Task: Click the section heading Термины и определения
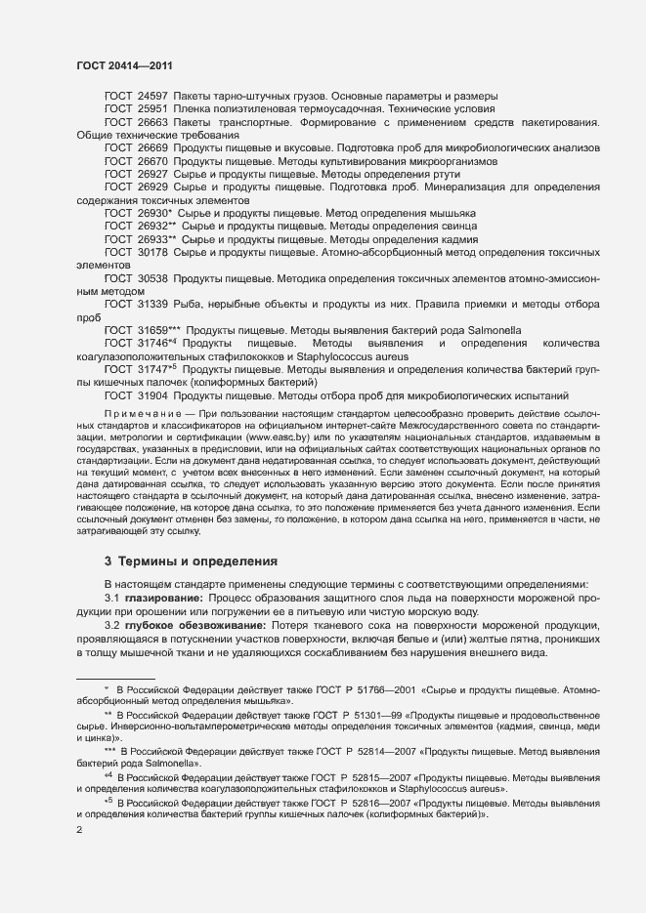185,561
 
